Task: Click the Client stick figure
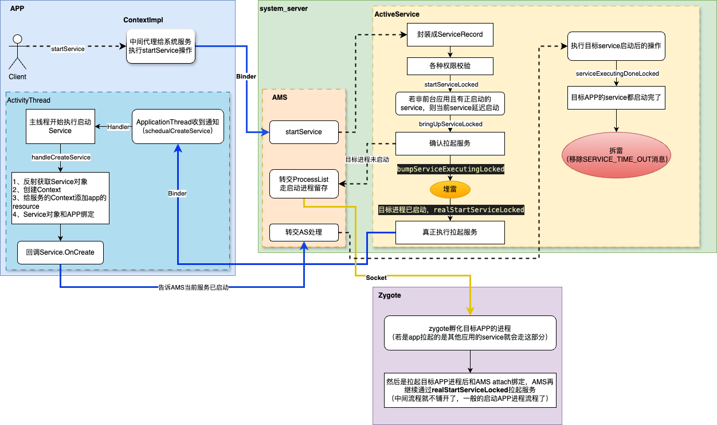point(18,52)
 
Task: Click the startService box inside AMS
point(304,132)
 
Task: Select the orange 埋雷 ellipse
point(450,189)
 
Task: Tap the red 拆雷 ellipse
point(617,154)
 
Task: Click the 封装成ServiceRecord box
point(450,34)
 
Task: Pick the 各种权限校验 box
point(450,66)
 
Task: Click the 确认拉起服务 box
point(450,143)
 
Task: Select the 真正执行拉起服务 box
point(450,232)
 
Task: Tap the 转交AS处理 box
point(304,232)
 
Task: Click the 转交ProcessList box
point(304,184)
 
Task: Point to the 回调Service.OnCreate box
point(60,252)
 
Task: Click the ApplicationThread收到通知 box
point(178,127)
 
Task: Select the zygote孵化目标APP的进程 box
point(469,333)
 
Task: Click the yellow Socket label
point(377,278)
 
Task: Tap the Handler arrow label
point(119,127)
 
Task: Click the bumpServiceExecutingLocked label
point(450,169)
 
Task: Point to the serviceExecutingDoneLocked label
point(617,74)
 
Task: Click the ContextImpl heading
point(143,20)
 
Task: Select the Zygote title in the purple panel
point(390,295)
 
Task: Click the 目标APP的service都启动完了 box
point(617,98)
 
